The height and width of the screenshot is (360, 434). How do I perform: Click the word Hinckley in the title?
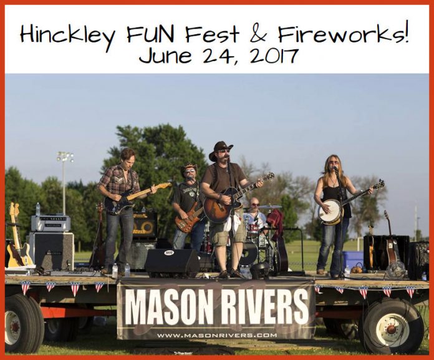pos(67,35)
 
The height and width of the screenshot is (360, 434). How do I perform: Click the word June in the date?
pos(163,56)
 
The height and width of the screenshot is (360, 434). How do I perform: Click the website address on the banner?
pos(216,335)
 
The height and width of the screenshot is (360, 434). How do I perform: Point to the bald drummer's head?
pos(254,203)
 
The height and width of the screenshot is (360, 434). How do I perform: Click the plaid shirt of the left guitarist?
pos(120,180)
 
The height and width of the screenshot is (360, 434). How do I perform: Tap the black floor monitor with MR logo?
pos(171,261)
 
